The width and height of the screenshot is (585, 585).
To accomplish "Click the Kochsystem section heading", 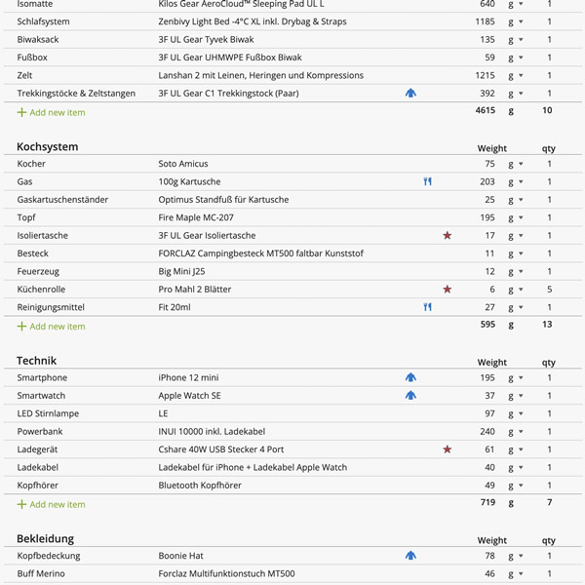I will [47, 146].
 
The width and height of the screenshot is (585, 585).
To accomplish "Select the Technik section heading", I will [36, 361].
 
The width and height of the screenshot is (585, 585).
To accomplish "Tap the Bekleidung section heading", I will [45, 538].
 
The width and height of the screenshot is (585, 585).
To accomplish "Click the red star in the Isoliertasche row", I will [448, 236].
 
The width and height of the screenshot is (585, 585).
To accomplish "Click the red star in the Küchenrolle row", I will [448, 290].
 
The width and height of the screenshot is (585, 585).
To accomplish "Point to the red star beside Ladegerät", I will [448, 449].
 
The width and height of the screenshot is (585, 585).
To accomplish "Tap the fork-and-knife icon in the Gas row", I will [427, 182].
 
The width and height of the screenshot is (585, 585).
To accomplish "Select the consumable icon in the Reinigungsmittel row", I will [427, 307].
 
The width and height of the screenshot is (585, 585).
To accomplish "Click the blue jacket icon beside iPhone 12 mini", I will [410, 378].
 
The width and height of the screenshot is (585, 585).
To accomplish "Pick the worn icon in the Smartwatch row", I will [410, 396].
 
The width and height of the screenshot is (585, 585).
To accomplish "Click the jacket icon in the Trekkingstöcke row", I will [410, 94].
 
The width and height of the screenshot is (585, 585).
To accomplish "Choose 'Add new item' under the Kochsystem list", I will [57, 327].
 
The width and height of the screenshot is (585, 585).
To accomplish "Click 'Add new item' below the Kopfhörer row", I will [57, 504].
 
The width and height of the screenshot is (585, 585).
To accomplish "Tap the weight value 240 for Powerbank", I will [487, 432].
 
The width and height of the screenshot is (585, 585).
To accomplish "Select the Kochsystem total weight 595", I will [487, 325].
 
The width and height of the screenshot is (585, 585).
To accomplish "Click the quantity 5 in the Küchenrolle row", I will [549, 290].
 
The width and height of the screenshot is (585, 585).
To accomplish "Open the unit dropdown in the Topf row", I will [515, 218].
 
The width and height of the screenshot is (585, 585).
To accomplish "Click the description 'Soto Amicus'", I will [183, 164].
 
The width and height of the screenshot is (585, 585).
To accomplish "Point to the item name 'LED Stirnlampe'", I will [48, 413].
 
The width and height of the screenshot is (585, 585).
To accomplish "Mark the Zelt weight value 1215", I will [485, 75].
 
